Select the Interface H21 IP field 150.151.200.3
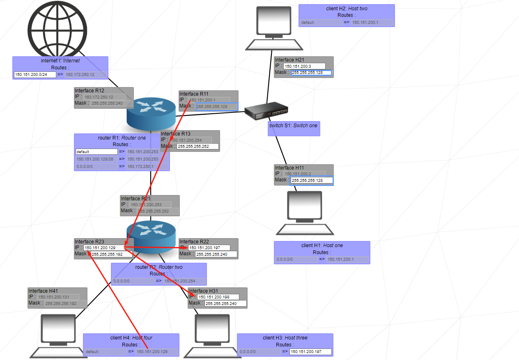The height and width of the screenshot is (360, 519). tap(304, 66)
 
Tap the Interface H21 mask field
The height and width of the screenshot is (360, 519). tap(311, 73)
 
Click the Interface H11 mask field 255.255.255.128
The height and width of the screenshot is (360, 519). tap(311, 180)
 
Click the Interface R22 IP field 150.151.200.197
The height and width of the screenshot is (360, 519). tap(209, 248)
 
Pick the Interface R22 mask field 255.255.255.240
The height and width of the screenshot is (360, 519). tap(216, 255)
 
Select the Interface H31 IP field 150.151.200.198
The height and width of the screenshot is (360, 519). tap(218, 297)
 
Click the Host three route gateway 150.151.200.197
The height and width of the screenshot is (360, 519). tap(310, 352)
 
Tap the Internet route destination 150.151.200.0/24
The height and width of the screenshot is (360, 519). tap(34, 75)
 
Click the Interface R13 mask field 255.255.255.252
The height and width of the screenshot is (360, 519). tap(197, 146)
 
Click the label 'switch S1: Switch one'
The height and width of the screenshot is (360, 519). tap(293, 126)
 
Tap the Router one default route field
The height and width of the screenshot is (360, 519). tap(96, 152)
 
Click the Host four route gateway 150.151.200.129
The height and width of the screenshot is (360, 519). tap(157, 352)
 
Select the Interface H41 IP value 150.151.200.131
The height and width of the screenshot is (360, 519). tap(58, 297)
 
